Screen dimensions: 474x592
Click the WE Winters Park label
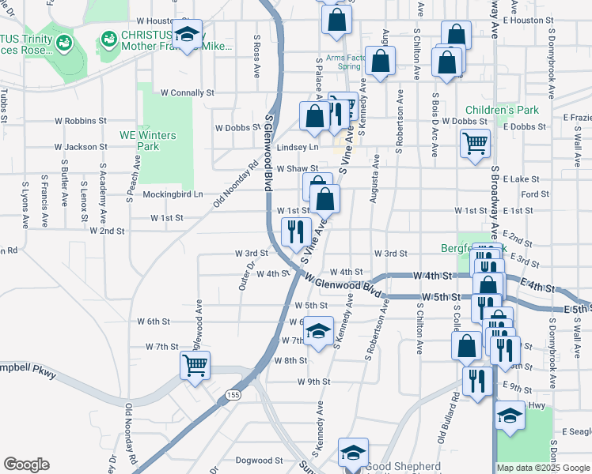pos(149,141)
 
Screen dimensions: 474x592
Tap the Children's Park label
pos(502,110)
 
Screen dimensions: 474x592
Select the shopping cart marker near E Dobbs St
pos(475,144)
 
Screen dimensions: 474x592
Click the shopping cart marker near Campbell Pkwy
pos(195,365)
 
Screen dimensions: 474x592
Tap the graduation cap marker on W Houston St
pos(187,34)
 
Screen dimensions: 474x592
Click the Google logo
pos(26,465)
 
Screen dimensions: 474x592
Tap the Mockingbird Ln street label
pos(173,194)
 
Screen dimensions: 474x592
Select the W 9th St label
pos(313,381)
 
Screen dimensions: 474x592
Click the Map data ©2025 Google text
pos(543,467)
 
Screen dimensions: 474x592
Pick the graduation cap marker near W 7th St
pos(318,332)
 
